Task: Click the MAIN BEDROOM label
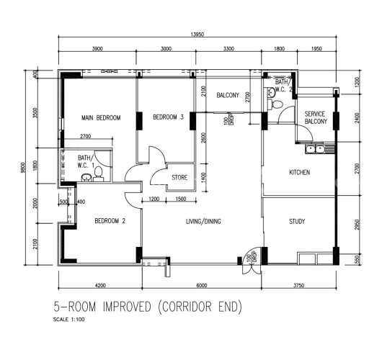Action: pos(101,118)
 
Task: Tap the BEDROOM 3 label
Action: pos(168,117)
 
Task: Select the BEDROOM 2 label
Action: pos(110,221)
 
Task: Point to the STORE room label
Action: pos(179,177)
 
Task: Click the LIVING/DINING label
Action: pos(203,221)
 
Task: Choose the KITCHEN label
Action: pos(299,172)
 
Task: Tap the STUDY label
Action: pos(297,221)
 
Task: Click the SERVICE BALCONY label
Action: pos(316,117)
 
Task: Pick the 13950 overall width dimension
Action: pos(197,35)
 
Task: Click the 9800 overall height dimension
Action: pos(23,168)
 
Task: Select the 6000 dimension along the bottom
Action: pos(202,285)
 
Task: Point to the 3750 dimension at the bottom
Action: pos(298,285)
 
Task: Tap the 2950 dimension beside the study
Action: pos(357,225)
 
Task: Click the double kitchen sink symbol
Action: pos(315,149)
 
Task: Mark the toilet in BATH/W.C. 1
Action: pos(99,174)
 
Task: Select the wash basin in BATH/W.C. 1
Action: pos(86,178)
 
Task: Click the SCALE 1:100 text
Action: pos(69,320)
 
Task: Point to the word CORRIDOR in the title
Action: pos(187,307)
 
